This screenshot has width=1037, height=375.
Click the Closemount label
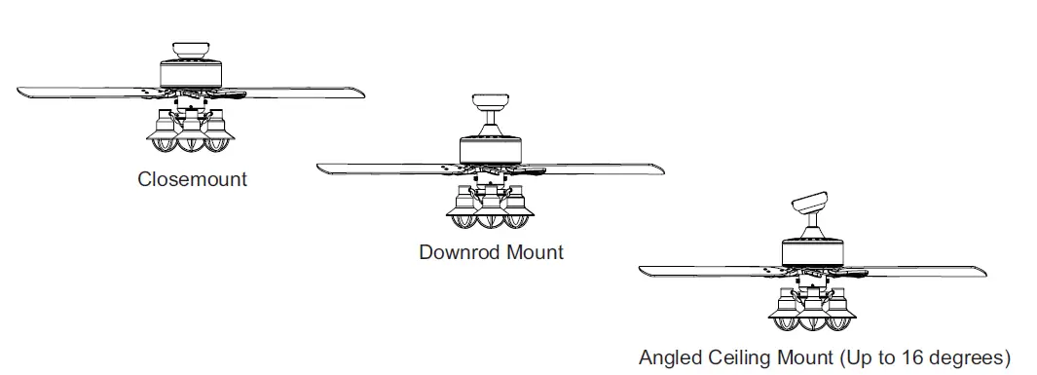[192, 179]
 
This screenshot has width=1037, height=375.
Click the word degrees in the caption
[966, 356]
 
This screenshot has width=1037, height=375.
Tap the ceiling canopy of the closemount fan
[192, 50]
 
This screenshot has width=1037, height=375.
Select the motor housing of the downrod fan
[492, 149]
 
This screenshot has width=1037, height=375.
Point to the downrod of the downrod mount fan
[492, 124]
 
